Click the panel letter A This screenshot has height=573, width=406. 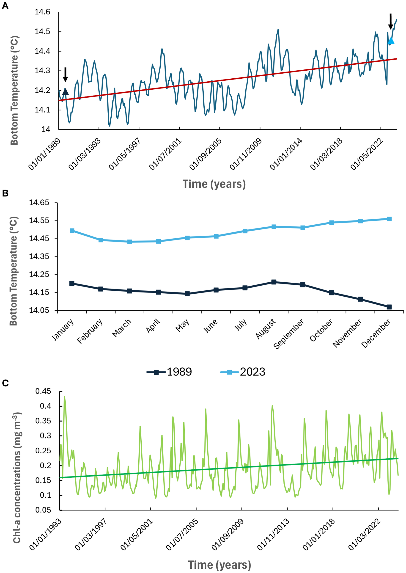pos(5,6)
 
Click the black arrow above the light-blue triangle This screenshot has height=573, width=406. pos(390,21)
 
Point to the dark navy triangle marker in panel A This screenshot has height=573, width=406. pos(65,92)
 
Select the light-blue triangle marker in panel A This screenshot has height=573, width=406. pos(391,41)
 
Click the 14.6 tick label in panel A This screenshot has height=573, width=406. pos(42,12)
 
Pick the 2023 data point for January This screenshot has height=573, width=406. pos(72,231)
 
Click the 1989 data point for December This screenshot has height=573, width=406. pos(389,307)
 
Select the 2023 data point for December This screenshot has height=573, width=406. pos(389,219)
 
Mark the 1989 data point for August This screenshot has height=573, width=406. pos(274,282)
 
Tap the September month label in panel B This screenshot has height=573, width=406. pos(289,334)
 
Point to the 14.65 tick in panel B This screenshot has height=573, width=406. pos(39,203)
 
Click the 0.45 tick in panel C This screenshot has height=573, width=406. pos(43,391)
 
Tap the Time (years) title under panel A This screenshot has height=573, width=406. pos(214,184)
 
